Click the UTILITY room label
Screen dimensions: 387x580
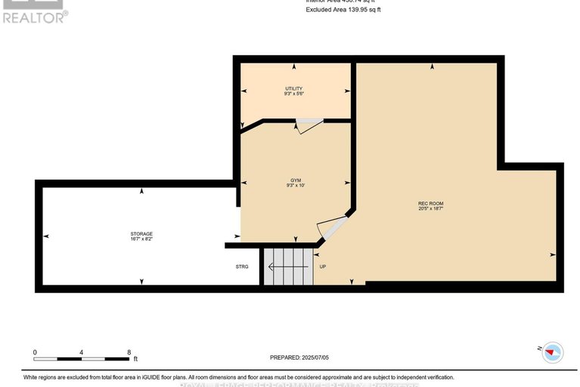(294, 89)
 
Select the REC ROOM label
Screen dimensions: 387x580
(430, 203)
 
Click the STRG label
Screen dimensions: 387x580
(242, 267)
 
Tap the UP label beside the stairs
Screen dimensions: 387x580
(323, 267)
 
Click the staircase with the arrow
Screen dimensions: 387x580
(287, 267)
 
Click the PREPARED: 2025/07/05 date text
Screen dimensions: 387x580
(300, 357)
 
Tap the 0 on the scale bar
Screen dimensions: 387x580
(35, 353)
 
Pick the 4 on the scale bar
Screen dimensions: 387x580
(82, 353)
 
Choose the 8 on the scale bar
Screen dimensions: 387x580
(129, 353)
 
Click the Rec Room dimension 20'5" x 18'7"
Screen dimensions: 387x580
(430, 209)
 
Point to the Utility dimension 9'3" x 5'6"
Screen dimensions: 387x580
(294, 95)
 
